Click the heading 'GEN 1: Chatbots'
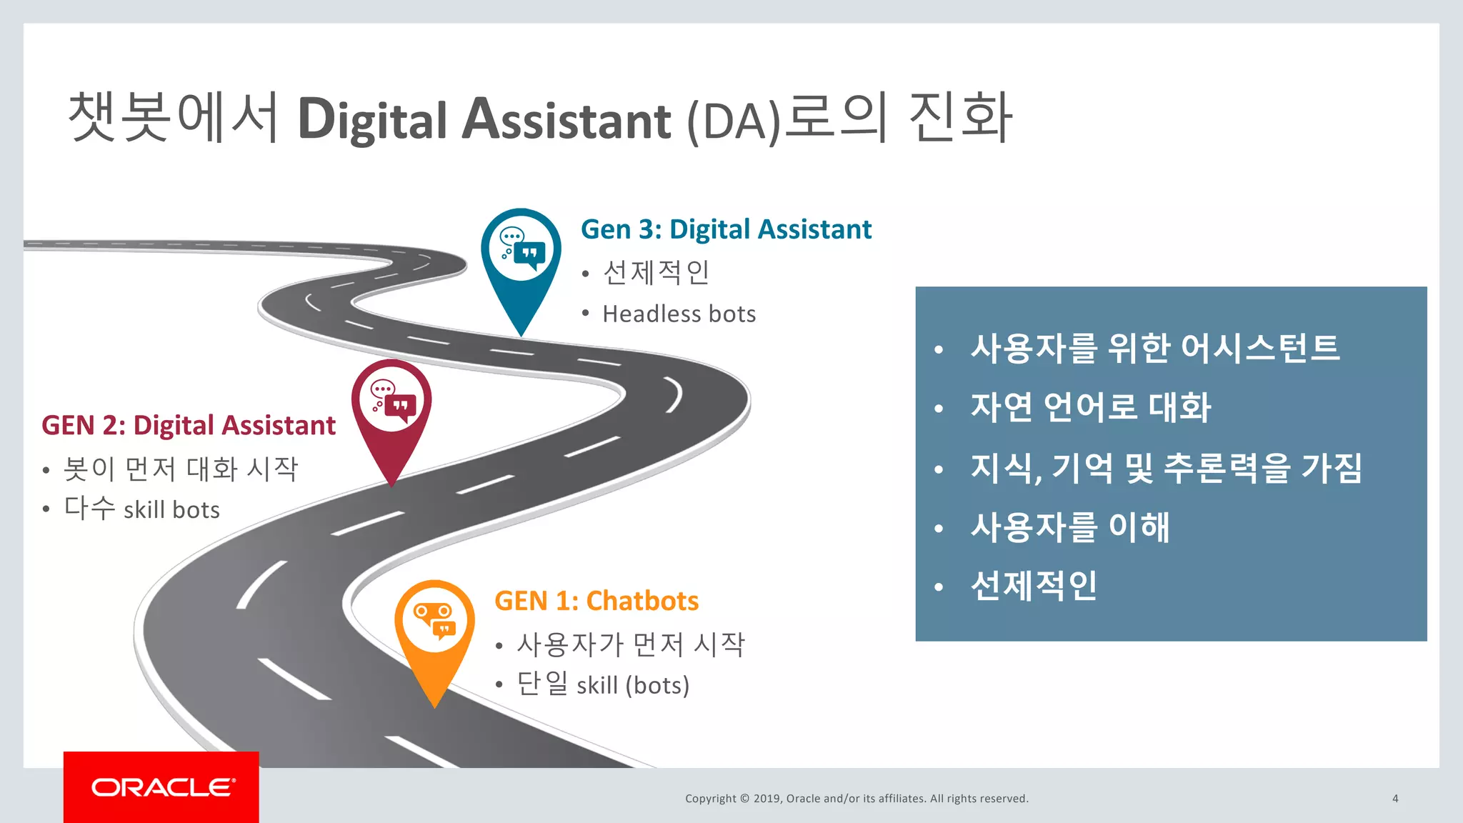pyautogui.click(x=596, y=601)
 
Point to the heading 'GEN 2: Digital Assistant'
pyautogui.click(x=189, y=425)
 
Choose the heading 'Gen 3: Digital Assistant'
pyautogui.click(x=726, y=229)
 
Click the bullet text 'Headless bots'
pyautogui.click(x=679, y=314)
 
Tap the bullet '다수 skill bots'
pyautogui.click(x=141, y=509)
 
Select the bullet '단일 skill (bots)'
pyautogui.click(x=603, y=684)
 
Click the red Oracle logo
pyautogui.click(x=161, y=787)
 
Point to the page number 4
pyautogui.click(x=1395, y=799)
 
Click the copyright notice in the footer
pyautogui.click(x=857, y=799)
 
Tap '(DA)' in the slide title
pyautogui.click(x=734, y=121)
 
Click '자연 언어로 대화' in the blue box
pyautogui.click(x=1090, y=407)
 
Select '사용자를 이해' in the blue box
pyautogui.click(x=1069, y=527)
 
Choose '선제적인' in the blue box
pyautogui.click(x=1033, y=586)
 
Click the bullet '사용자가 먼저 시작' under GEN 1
pyautogui.click(x=631, y=644)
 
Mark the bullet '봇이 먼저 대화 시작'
pyautogui.click(x=180, y=469)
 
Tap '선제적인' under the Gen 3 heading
pyautogui.click(x=656, y=272)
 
